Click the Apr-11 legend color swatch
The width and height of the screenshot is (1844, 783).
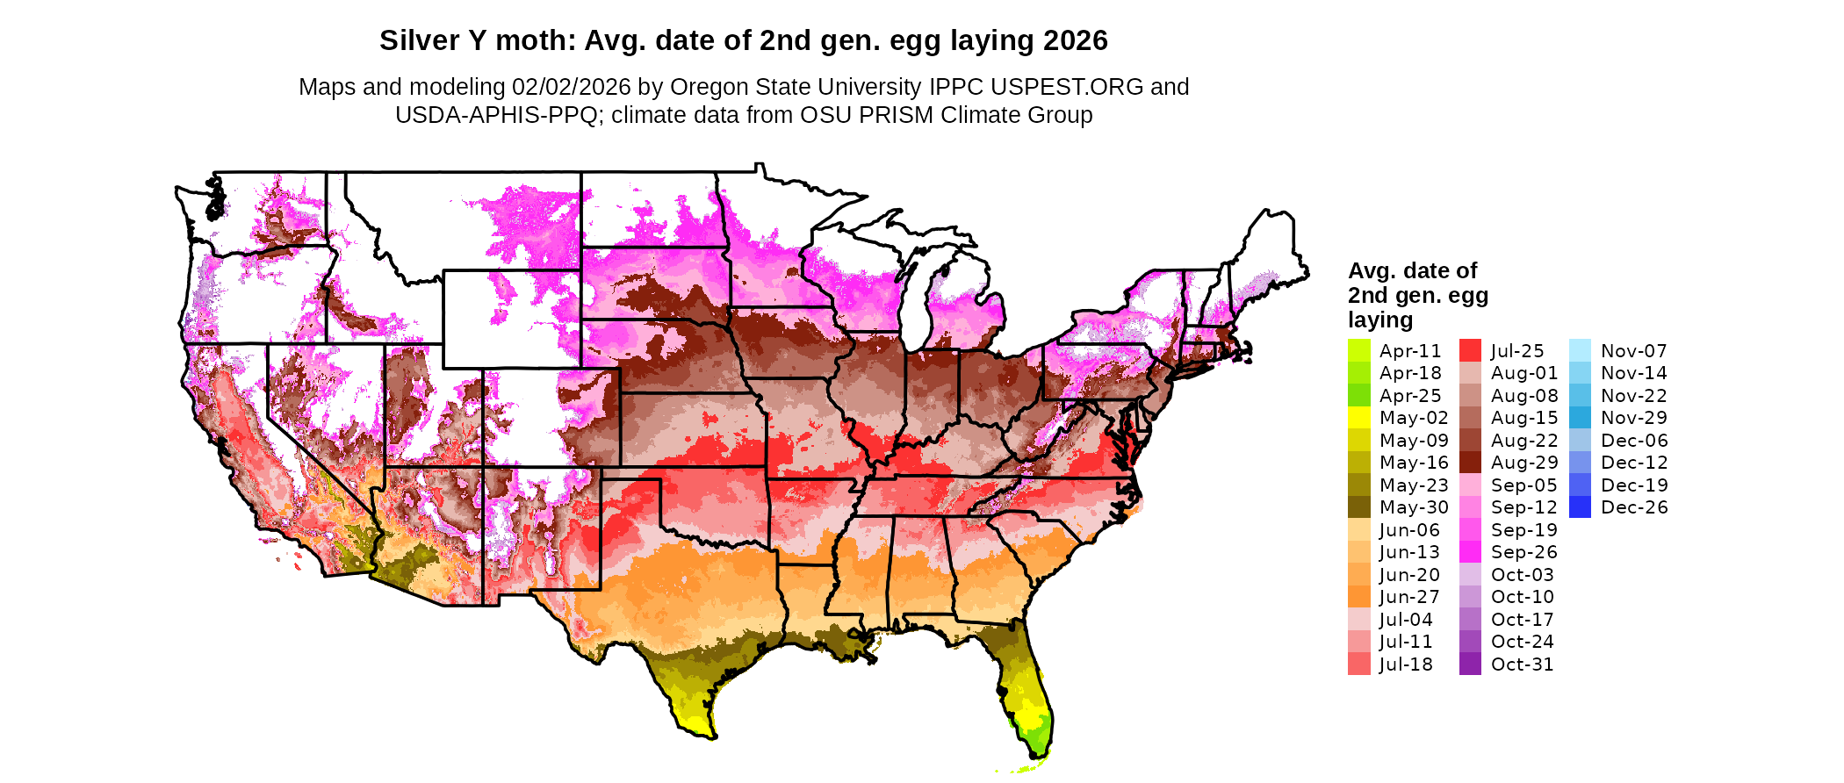coord(1358,350)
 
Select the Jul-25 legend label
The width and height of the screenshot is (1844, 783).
coord(1517,351)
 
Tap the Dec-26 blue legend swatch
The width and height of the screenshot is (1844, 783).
coord(1580,507)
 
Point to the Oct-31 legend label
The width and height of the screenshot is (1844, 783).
coord(1522,664)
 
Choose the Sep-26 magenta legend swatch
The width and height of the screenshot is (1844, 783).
coord(1470,552)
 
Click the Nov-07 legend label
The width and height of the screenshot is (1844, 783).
coord(1633,351)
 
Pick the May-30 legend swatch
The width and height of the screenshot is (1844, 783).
coord(1358,507)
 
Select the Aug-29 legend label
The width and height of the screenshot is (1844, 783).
coord(1523,463)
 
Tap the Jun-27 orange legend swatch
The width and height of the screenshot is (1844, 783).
coord(1358,597)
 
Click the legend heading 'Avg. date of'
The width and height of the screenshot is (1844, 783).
coord(1412,270)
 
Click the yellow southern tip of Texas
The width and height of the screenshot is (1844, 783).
coord(695,724)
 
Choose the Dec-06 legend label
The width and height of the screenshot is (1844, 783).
coord(1633,441)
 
